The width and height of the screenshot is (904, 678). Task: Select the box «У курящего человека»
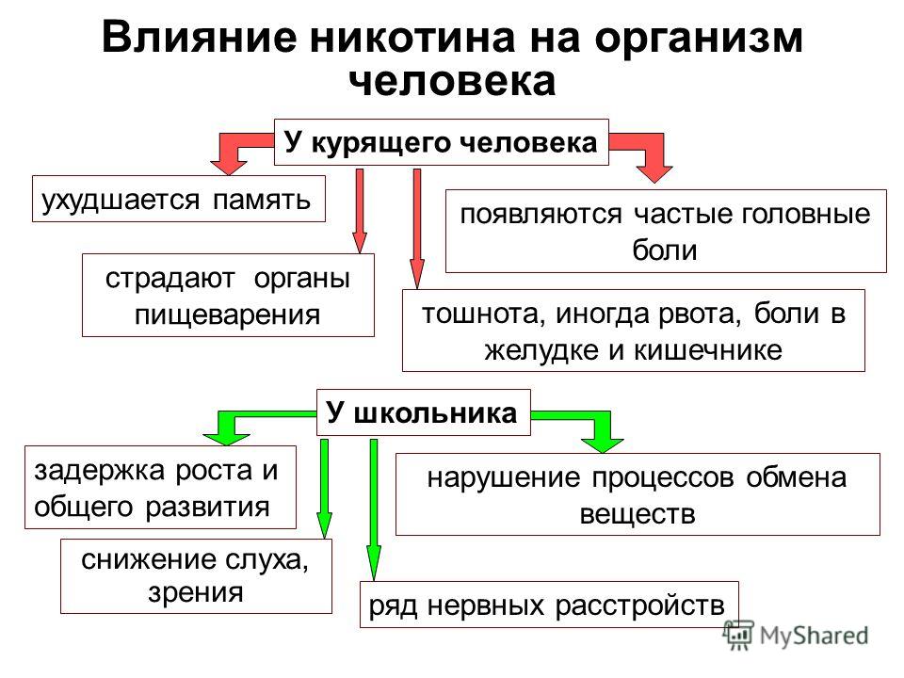pyautogui.click(x=441, y=142)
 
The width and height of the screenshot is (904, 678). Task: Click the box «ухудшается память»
pyautogui.click(x=179, y=199)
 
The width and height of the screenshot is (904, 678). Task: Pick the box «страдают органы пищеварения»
pyautogui.click(x=228, y=295)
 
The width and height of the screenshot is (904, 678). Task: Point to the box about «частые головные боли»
pyautogui.click(x=666, y=232)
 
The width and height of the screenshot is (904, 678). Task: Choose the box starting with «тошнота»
pyautogui.click(x=634, y=331)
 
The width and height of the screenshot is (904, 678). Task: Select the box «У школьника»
pyautogui.click(x=423, y=412)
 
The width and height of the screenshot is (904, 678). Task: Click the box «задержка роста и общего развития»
pyautogui.click(x=160, y=487)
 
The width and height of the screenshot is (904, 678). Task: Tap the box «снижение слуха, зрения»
pyautogui.click(x=196, y=576)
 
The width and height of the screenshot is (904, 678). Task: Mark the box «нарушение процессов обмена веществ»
pyautogui.click(x=638, y=494)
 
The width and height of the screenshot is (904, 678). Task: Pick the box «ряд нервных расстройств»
pyautogui.click(x=549, y=605)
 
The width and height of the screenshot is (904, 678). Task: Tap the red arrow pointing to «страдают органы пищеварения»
pyautogui.click(x=360, y=211)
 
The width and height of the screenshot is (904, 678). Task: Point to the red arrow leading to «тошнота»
pyautogui.click(x=417, y=229)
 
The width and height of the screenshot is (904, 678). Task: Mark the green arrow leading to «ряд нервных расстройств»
pyautogui.click(x=374, y=509)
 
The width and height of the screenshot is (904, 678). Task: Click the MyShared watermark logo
pyautogui.click(x=796, y=636)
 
